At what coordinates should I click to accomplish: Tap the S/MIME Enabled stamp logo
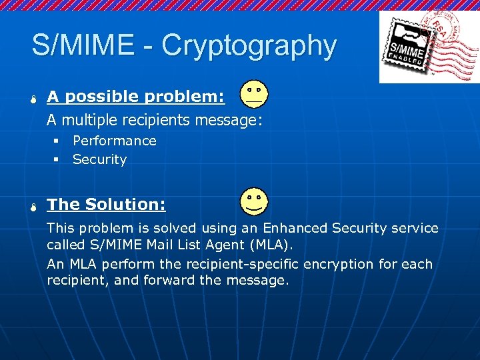[x=428, y=47]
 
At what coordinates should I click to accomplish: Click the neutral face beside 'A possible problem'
[x=254, y=95]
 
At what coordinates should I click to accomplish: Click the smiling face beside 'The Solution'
[x=254, y=201]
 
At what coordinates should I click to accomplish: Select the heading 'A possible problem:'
[x=135, y=97]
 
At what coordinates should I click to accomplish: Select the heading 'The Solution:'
[x=106, y=204]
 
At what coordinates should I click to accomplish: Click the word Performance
[x=114, y=141]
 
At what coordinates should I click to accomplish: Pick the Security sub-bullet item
[x=99, y=159]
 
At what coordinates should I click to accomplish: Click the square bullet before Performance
[x=57, y=141]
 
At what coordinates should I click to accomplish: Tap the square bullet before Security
[x=57, y=159]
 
